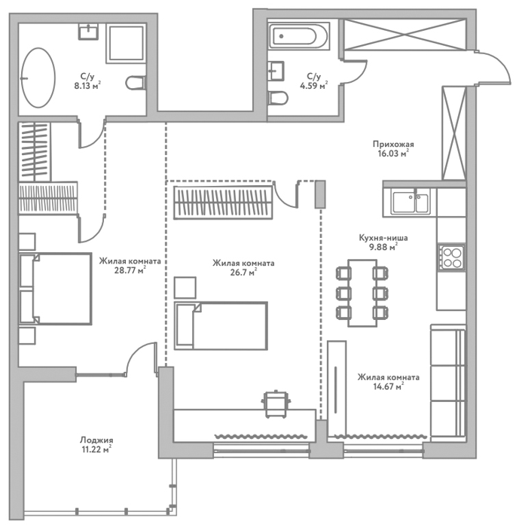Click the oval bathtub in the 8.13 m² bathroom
pyautogui.click(x=38, y=78)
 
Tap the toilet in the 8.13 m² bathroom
pyautogui.click(x=136, y=83)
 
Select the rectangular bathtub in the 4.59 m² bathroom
pyautogui.click(x=298, y=35)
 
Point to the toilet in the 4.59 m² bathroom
pyautogui.click(x=278, y=98)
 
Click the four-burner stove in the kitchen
pyautogui.click(x=452, y=257)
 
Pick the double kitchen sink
pyautogui.click(x=411, y=202)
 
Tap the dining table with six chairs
pyautogui.click(x=362, y=293)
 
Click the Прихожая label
pyautogui.click(x=393, y=145)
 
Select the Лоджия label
pyautogui.click(x=96, y=440)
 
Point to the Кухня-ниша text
pyautogui.click(x=383, y=238)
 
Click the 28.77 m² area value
pyautogui.click(x=130, y=270)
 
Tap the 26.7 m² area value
pyautogui.click(x=243, y=273)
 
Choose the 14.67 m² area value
pyautogui.click(x=389, y=386)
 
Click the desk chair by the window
pyautogui.click(x=276, y=404)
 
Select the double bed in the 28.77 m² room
pyautogui.click(x=56, y=288)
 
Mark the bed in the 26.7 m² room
pyautogui.click(x=221, y=326)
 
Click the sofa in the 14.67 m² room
pyautogui.click(x=448, y=382)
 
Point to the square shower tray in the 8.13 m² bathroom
pyautogui.click(x=126, y=43)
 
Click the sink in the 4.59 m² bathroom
pyautogui.click(x=276, y=71)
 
